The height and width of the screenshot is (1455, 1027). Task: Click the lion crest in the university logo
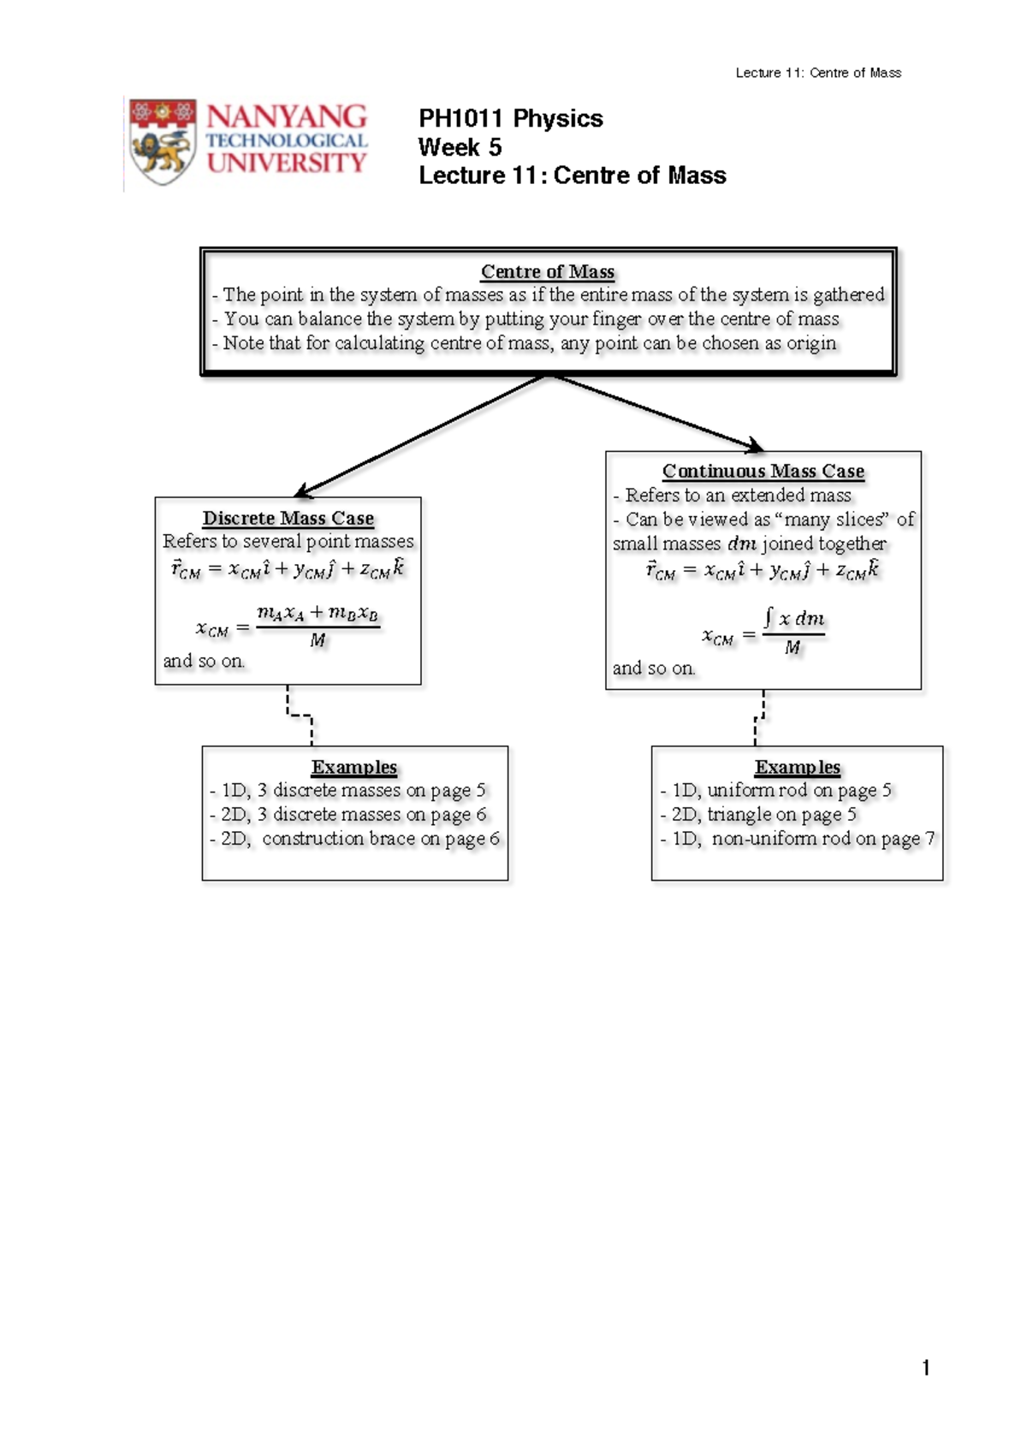(162, 141)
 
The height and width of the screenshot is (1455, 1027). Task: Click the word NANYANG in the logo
(287, 117)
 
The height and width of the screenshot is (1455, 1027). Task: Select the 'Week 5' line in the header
(460, 147)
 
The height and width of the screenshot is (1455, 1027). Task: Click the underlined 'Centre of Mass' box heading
(548, 271)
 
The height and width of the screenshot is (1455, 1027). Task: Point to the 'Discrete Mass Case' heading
(288, 519)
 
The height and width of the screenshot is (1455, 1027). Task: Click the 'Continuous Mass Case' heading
(763, 471)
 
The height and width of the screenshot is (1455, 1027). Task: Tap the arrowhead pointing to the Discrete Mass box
(303, 491)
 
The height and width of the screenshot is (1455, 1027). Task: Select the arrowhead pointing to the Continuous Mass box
(756, 445)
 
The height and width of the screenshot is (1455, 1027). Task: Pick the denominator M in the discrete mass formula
(317, 641)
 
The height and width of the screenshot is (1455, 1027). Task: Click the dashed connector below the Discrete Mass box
(300, 716)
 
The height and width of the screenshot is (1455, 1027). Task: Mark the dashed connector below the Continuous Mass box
(758, 718)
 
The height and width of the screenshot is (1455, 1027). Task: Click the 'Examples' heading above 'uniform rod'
(797, 768)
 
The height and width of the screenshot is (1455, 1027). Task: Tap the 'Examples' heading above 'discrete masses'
(354, 768)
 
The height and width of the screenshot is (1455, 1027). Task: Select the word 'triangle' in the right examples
(739, 815)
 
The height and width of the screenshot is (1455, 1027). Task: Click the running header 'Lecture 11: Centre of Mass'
(818, 73)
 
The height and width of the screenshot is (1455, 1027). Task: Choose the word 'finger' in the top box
(616, 319)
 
